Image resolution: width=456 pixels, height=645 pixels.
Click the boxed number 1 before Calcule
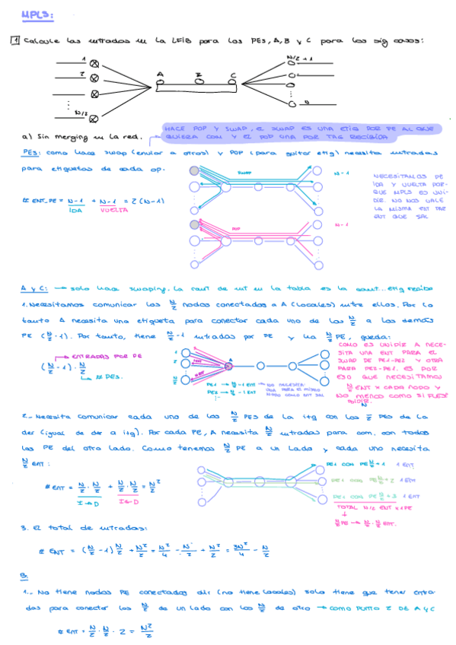(x=14, y=41)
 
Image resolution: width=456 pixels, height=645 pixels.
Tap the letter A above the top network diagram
(x=160, y=75)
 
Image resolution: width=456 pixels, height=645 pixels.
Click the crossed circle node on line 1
(x=94, y=64)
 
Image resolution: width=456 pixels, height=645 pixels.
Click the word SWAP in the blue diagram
(x=244, y=173)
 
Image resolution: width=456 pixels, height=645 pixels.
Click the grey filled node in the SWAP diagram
(x=194, y=172)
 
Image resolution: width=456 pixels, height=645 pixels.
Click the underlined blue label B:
(x=24, y=576)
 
